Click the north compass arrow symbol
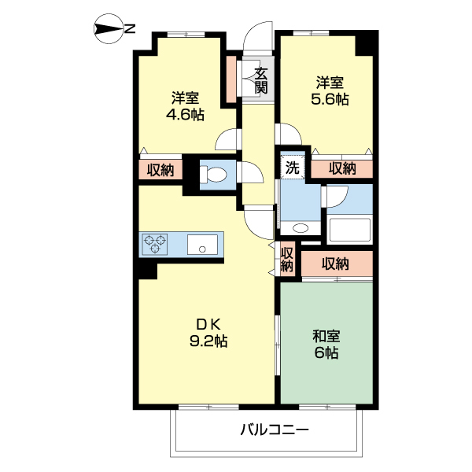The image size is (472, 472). point(105,31)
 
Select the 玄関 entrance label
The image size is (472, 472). point(261,80)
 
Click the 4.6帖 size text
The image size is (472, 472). point(185,115)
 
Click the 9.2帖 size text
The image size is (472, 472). point(208,342)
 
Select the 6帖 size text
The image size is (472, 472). point(326,353)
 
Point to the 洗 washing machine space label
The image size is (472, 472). point(292,167)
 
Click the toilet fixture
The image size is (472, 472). point(214,174)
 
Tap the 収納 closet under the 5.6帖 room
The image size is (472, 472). point(342,168)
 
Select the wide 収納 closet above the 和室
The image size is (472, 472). point(336,264)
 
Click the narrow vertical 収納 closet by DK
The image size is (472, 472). point(287,260)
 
